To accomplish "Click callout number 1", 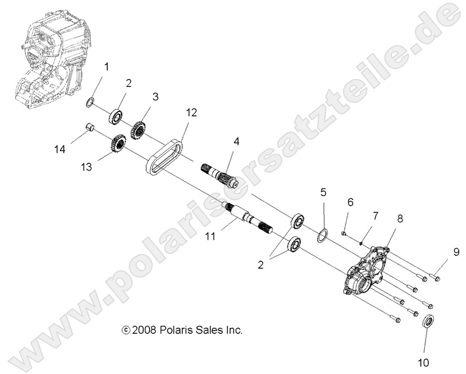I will click(x=105, y=68).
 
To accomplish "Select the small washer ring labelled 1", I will click(x=89, y=102).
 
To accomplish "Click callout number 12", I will click(x=191, y=112).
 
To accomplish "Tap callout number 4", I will click(x=236, y=141).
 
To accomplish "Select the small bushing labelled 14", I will click(x=88, y=127).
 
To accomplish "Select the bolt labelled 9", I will click(x=435, y=276).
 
